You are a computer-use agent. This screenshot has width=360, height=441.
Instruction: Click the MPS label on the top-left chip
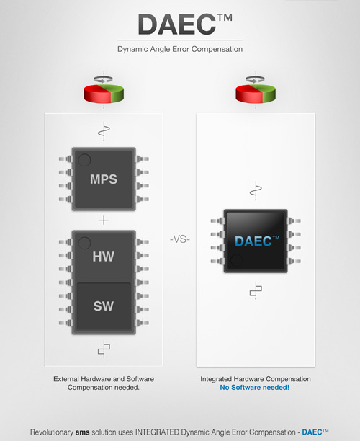pos(104,179)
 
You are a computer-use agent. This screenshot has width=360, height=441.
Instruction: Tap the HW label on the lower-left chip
pos(104,257)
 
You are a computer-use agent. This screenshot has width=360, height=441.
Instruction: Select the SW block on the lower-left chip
pos(104,306)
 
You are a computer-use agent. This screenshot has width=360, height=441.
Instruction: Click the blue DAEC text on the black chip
pos(257,241)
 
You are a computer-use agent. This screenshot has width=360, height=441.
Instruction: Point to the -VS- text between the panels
pos(180,239)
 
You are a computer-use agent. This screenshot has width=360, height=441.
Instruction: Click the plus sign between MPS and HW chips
pos(104,220)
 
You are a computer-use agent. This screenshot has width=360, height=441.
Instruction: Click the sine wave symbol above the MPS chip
pos(104,131)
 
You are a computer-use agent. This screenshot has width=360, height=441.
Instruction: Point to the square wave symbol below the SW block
pos(104,349)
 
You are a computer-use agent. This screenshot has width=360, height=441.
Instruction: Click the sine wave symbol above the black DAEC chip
pos(256,191)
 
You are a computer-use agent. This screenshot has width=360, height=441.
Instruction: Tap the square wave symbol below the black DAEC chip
pos(256,290)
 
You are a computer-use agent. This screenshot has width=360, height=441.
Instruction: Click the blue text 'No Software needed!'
pos(255,387)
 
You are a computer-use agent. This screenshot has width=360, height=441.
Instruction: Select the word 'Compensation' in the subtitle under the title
pos(217,49)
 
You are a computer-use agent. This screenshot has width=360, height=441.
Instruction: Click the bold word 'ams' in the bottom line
pos(82,432)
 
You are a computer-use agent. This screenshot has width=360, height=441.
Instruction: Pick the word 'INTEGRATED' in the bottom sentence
pos(157,432)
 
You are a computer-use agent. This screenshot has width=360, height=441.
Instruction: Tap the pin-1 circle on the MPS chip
pos(84,160)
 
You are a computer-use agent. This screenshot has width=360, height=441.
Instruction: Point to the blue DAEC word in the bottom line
pos(312,432)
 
